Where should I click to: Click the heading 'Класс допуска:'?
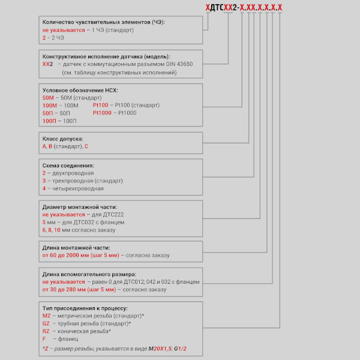click(63, 138)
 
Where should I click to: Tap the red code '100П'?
click(51, 121)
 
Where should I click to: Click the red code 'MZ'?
click(47, 315)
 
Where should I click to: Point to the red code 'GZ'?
click(47, 323)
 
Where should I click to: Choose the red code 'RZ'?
click(47, 331)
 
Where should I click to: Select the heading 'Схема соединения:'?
click(68, 165)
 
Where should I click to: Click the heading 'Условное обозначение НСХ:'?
click(80, 90)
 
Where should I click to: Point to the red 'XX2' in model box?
click(48, 64)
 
